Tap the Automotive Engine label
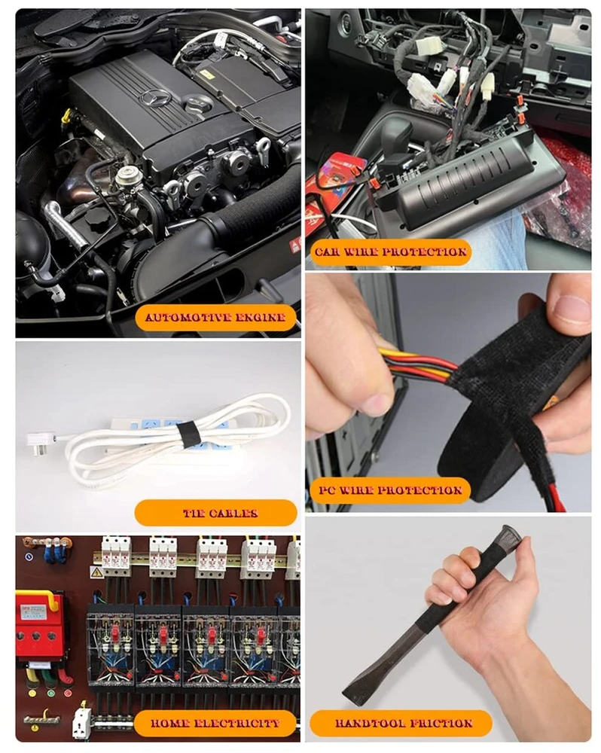[x=215, y=318]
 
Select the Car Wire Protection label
[x=390, y=252]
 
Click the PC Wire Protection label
[x=389, y=490]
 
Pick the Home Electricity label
[x=215, y=723]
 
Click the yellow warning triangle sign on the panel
[x=96, y=572]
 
